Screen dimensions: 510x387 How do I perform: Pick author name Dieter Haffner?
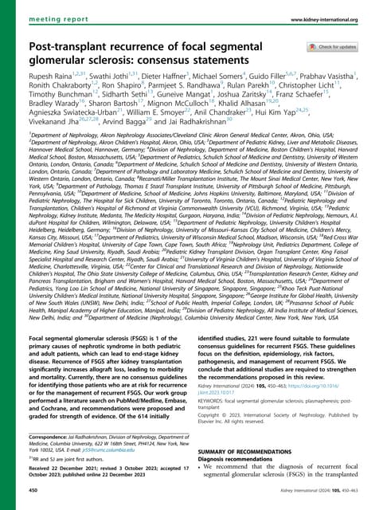[x=157, y=96]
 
